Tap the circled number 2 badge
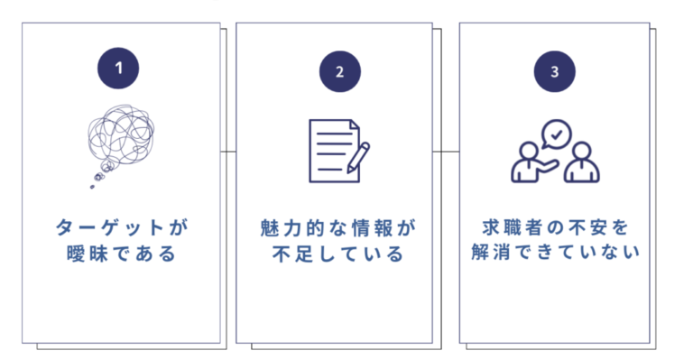tap(338, 72)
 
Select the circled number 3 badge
tap(554, 72)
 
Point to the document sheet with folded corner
tap(332, 151)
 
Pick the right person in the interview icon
tap(583, 162)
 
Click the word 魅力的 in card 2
tap(286, 226)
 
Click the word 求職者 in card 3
tap(504, 226)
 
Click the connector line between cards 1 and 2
tap(228, 151)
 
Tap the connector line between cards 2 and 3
tap(446, 151)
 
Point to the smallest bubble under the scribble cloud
tap(92, 186)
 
